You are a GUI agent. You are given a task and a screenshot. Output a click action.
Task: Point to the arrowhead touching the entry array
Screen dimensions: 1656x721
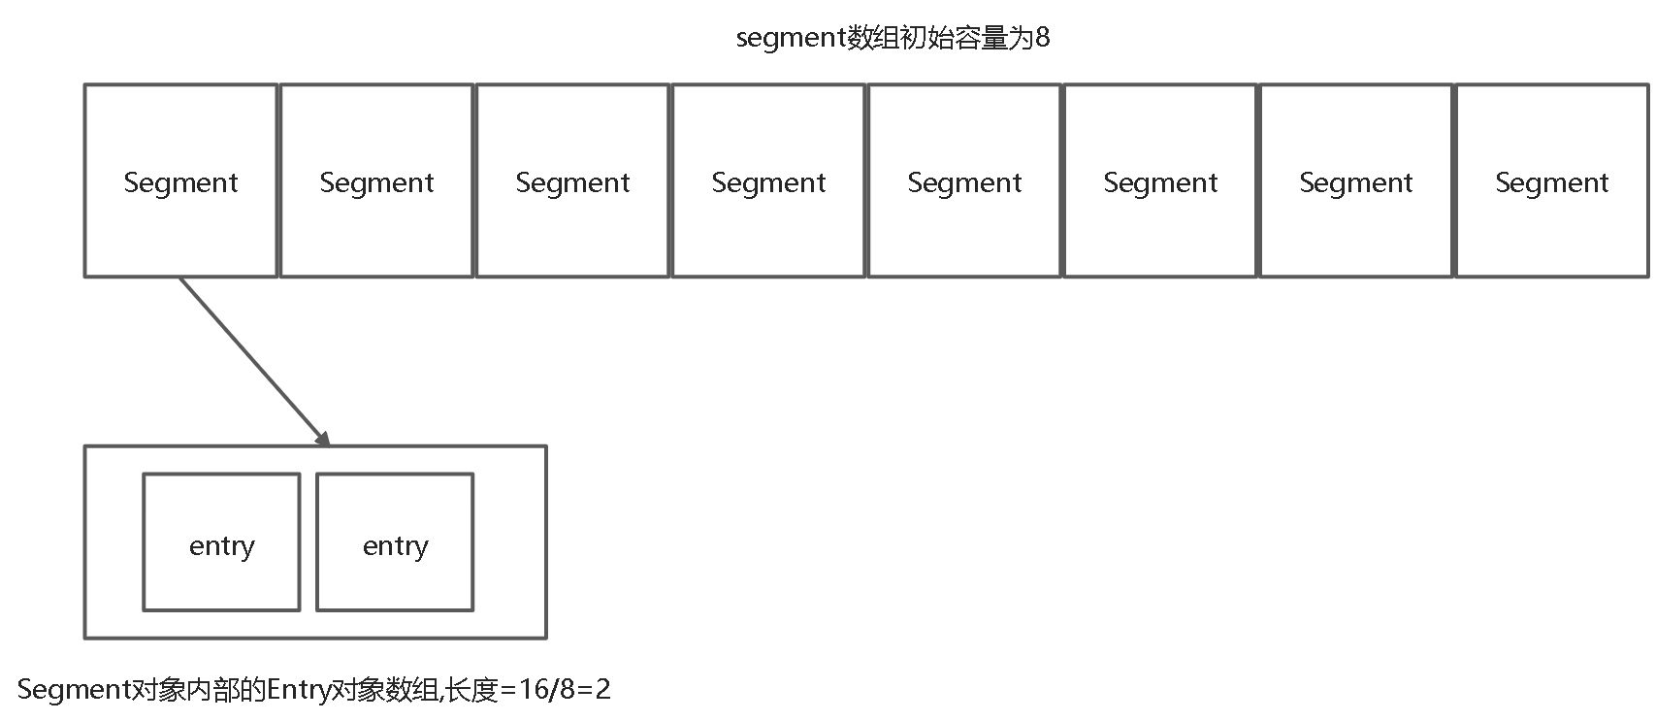pos(322,438)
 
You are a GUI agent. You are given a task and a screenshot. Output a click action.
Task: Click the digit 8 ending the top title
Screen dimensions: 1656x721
pos(1042,38)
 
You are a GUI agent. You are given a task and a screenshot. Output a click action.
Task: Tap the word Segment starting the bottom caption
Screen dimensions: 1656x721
pos(74,690)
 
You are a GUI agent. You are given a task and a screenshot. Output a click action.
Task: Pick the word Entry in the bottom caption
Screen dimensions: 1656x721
pos(298,690)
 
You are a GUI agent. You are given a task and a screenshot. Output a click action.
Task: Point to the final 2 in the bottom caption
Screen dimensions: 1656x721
pos(603,690)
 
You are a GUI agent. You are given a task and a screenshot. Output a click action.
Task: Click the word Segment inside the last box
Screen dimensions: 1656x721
pos(1552,182)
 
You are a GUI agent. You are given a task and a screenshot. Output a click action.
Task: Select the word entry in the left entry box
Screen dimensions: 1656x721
pos(221,546)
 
